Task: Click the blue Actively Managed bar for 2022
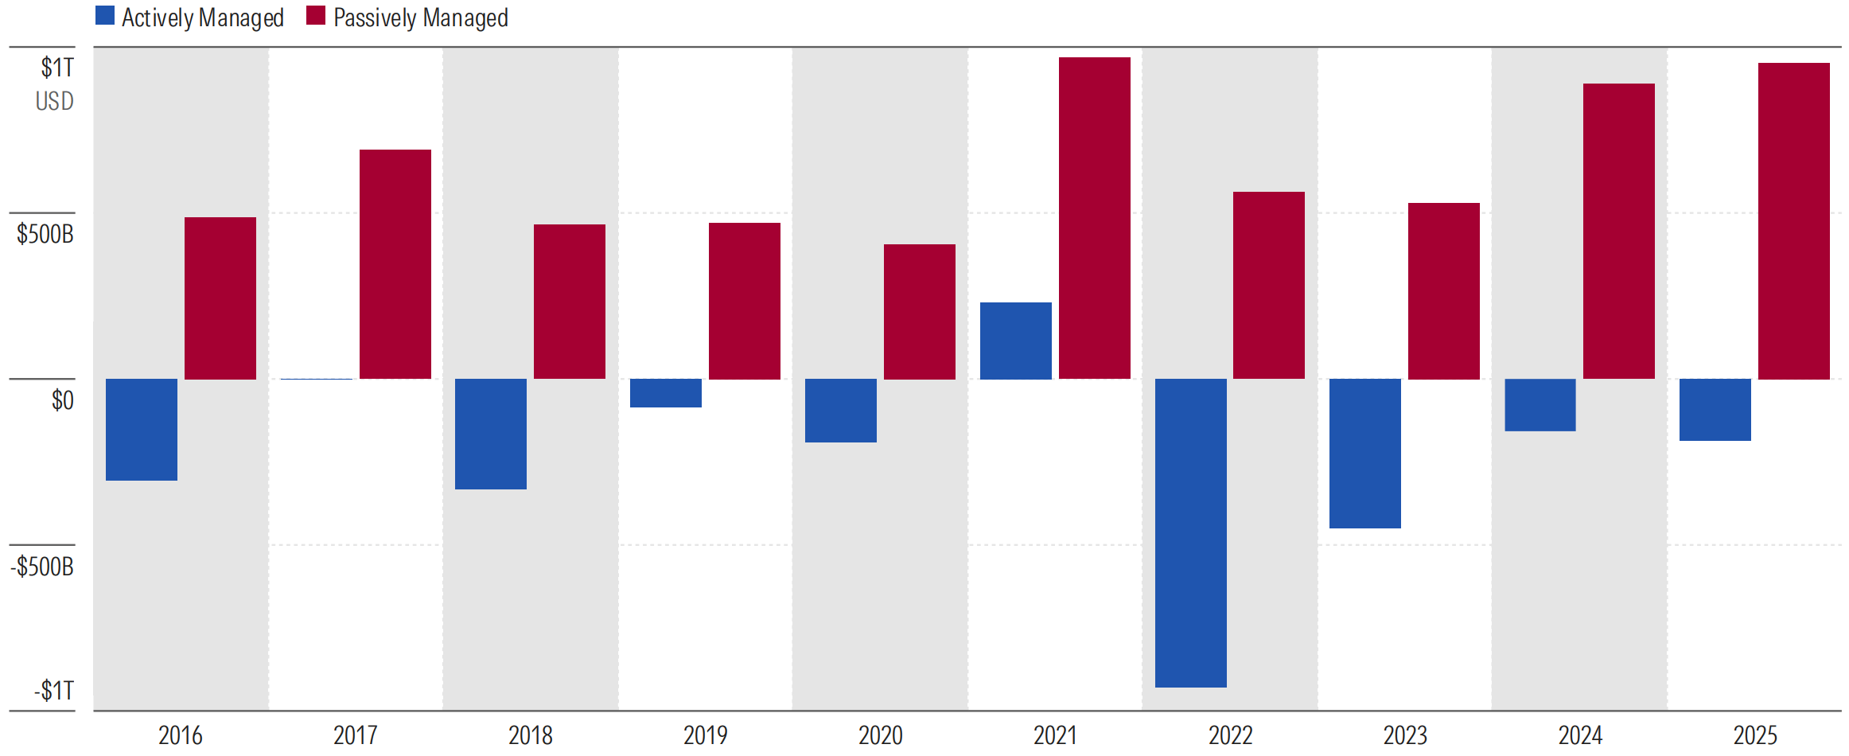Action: (x=1190, y=532)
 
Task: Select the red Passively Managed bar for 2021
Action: (x=1094, y=218)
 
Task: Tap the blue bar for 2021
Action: (x=1015, y=341)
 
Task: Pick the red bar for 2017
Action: (x=395, y=264)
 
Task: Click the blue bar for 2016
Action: (x=142, y=430)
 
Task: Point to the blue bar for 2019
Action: (x=665, y=393)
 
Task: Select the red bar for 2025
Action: (x=1793, y=221)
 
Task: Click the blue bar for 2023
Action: (x=1364, y=454)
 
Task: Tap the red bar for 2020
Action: (x=919, y=312)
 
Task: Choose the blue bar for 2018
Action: (x=490, y=434)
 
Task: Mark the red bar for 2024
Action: (x=1618, y=231)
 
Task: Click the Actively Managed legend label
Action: (x=202, y=18)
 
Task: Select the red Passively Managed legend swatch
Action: (x=316, y=16)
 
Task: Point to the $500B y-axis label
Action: (x=45, y=234)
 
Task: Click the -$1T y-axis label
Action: (x=53, y=690)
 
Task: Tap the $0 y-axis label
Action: (x=62, y=400)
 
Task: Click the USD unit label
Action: (x=54, y=101)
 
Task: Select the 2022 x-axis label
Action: (x=1230, y=735)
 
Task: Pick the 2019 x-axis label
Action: (x=705, y=735)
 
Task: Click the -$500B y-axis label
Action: (x=42, y=567)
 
